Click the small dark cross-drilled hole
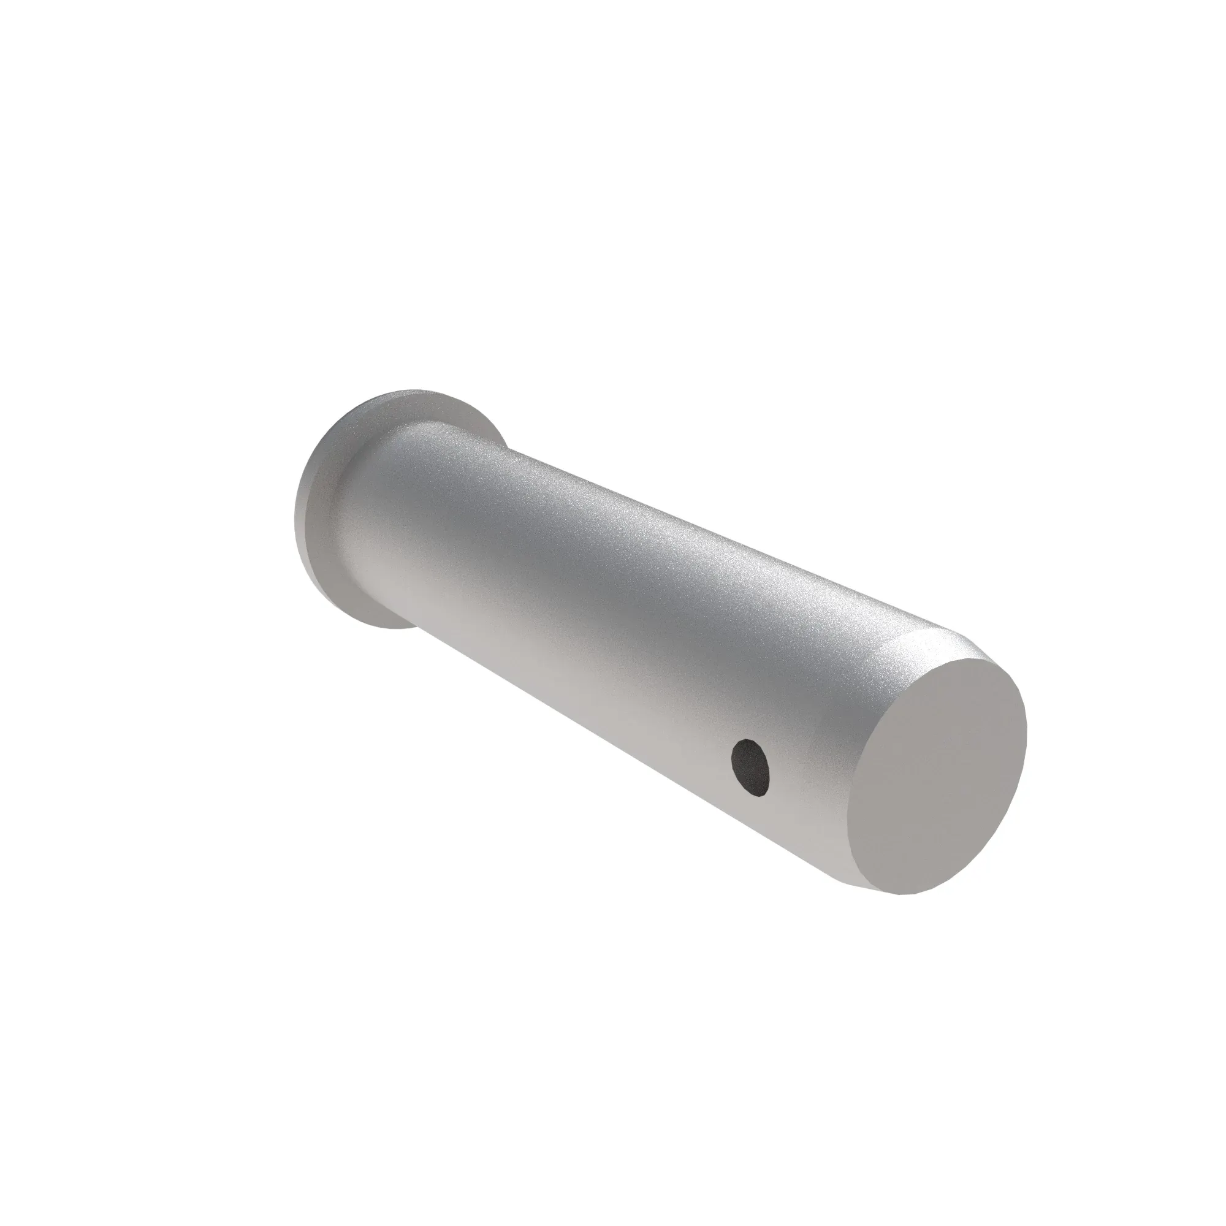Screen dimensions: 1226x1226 click(752, 767)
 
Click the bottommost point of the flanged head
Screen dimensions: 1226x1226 click(387, 628)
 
